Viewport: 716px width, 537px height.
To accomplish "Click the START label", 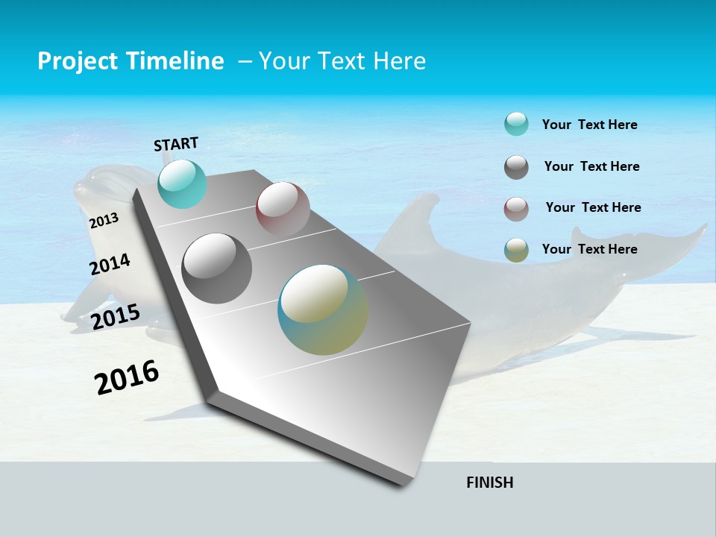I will [x=176, y=144].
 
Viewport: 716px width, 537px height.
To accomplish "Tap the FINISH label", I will [x=489, y=483].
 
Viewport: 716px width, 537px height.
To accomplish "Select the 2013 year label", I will [x=104, y=220].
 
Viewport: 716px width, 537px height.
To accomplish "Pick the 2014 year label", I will [x=110, y=265].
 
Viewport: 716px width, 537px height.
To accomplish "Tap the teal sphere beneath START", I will [x=182, y=184].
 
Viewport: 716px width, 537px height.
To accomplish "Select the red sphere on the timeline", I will [x=283, y=209].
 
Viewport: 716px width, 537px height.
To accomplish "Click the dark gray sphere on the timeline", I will [x=216, y=268].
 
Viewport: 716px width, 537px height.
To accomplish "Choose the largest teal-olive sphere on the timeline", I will [x=323, y=310].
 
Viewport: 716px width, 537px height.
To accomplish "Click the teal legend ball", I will [x=516, y=124].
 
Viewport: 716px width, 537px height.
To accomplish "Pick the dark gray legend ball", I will [x=516, y=167].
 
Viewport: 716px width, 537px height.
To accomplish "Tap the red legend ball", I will [x=516, y=209].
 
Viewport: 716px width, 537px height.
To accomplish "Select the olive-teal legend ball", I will [x=516, y=250].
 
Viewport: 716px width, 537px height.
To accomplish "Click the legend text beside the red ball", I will [x=593, y=207].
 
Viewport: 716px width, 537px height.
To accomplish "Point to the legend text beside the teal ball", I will [x=589, y=125].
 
